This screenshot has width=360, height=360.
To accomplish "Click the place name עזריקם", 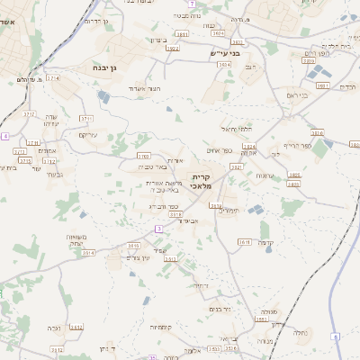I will pyautogui.click(x=87, y=135).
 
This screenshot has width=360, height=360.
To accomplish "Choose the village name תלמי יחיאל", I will pyautogui.click(x=231, y=129).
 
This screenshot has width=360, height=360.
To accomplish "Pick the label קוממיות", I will pyautogui.click(x=162, y=326).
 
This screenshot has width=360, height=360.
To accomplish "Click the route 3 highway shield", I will pyautogui.click(x=159, y=229).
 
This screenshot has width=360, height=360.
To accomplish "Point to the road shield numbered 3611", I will pyautogui.click(x=244, y=242).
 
